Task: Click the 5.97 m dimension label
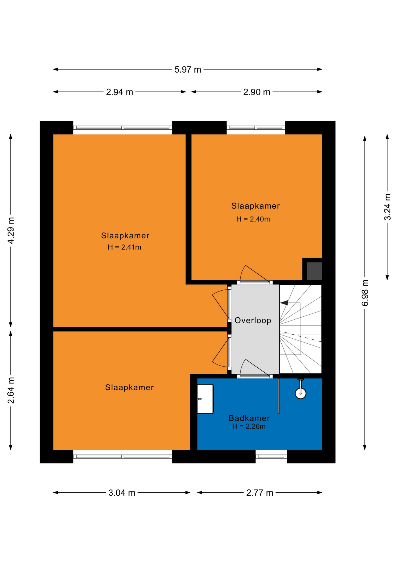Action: (188, 70)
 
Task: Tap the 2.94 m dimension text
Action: (120, 92)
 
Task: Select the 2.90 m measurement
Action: (257, 92)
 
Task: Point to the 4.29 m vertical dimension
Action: (11, 230)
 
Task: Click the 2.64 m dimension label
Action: (11, 390)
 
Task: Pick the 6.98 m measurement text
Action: (365, 293)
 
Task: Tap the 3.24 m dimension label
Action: (387, 207)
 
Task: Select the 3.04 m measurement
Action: (122, 493)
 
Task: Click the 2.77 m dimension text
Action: (260, 493)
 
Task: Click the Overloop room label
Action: (253, 320)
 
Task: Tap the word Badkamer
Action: (249, 418)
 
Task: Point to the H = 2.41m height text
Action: (124, 247)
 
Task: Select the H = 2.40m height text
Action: (253, 219)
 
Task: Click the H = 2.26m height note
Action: (249, 426)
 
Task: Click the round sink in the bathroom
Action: (300, 393)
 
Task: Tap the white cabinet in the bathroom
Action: (205, 399)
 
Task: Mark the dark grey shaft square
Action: (314, 271)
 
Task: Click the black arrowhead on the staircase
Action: (284, 303)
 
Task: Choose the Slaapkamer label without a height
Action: (129, 387)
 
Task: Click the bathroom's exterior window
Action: (271, 456)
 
